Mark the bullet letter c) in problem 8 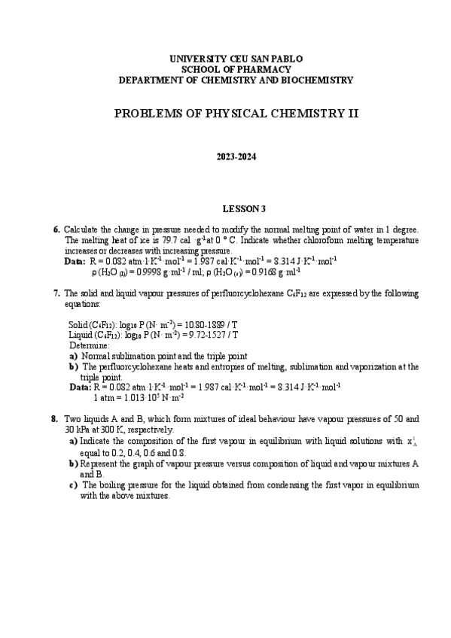73,485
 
